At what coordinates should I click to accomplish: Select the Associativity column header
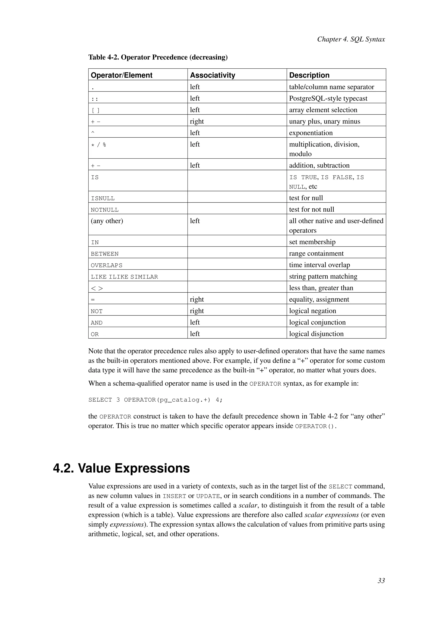click(213, 75)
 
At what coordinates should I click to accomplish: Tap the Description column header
click(309, 75)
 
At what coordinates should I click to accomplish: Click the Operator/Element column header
click(122, 75)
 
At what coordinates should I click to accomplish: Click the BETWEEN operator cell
click(105, 254)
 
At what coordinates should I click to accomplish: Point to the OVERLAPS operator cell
click(107, 265)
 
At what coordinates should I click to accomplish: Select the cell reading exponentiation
click(311, 133)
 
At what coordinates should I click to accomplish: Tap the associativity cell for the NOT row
click(197, 311)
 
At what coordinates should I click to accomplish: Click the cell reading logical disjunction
click(316, 334)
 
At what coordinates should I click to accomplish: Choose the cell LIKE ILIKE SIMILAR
click(124, 277)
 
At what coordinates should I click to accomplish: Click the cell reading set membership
click(312, 242)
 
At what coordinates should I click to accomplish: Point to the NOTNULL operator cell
click(105, 210)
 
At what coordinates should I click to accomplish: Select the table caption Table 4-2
click(158, 57)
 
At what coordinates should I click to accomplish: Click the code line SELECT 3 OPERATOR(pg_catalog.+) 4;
click(155, 400)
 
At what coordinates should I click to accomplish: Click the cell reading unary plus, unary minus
click(324, 121)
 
